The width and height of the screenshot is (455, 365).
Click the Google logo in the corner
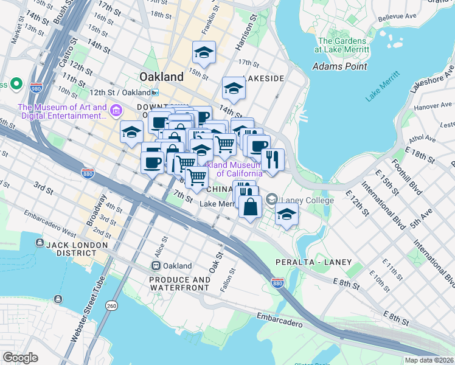point(21,358)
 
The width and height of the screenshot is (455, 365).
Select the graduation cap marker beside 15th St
point(204,54)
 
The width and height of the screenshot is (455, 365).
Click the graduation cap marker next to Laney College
point(287,214)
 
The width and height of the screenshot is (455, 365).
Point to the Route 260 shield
point(111,305)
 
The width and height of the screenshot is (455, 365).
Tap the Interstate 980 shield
point(36,87)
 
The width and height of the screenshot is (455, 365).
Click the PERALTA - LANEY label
point(321,262)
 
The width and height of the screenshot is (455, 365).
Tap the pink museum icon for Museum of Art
point(116,111)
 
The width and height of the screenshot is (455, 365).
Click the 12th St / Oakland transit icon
point(156,92)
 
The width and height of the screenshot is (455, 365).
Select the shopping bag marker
point(250,206)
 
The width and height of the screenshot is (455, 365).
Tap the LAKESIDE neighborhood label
point(263,79)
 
